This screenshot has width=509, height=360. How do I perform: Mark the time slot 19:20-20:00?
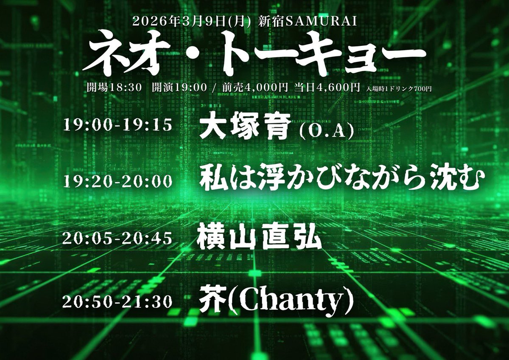coord(118,181)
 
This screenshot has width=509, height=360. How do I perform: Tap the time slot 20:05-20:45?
coord(118,239)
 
